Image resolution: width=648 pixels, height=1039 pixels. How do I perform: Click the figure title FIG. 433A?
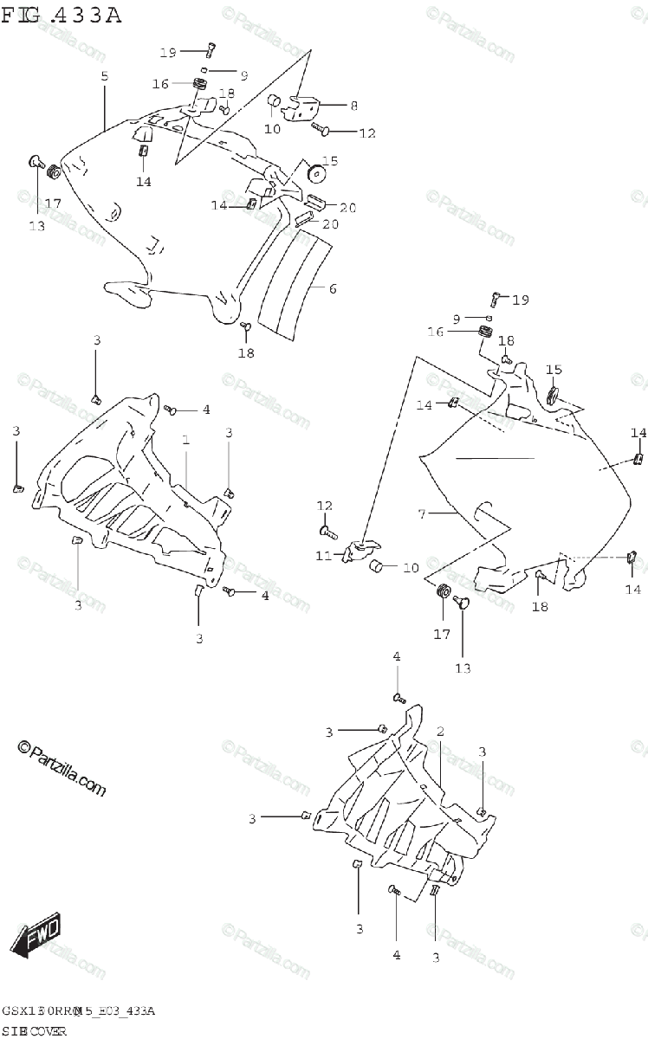pyautogui.click(x=62, y=15)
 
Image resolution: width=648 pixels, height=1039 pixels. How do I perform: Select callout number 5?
pyautogui.click(x=105, y=77)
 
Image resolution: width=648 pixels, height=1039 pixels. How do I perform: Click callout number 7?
pyautogui.click(x=422, y=514)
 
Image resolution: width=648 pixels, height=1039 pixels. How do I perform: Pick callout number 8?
pyautogui.click(x=353, y=106)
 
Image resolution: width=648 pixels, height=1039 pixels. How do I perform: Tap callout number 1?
pyautogui.click(x=185, y=441)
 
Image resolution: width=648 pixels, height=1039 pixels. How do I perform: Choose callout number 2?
pyautogui.click(x=440, y=732)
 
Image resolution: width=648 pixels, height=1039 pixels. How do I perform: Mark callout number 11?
pyautogui.click(x=323, y=555)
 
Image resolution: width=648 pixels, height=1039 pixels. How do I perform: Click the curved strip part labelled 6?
pyautogui.click(x=295, y=286)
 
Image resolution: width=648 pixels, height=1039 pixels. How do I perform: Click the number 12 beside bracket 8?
pyautogui.click(x=367, y=133)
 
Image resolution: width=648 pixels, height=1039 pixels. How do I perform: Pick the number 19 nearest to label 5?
pyautogui.click(x=168, y=53)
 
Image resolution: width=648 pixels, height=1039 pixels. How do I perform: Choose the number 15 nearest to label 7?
pyautogui.click(x=554, y=371)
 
